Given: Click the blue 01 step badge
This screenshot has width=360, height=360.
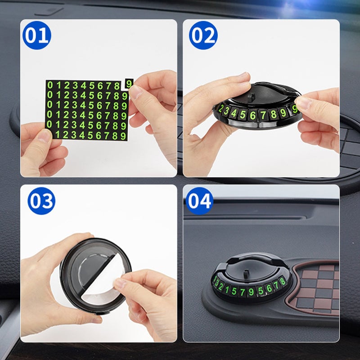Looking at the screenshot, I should pos(37,35).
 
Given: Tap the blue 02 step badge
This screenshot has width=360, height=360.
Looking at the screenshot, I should pos(203,35).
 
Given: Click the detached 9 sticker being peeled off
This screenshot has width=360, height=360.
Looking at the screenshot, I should pos(129,84).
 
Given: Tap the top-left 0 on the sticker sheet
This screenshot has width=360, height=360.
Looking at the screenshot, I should pos(50,85).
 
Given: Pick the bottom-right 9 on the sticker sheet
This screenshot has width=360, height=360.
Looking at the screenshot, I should pos(124,135).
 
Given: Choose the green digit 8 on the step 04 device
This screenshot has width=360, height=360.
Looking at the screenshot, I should pos(282,281).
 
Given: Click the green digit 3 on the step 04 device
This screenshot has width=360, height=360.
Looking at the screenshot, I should pos(216,283).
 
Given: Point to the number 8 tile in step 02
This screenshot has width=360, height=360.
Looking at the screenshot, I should pos(274,114).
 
